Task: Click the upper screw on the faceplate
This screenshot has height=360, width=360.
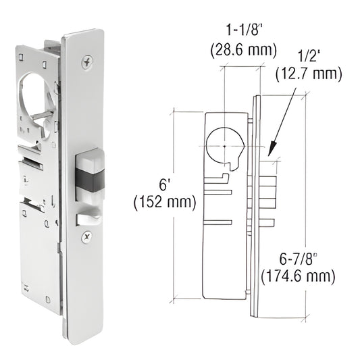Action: coord(87,61)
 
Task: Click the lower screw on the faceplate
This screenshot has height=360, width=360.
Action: coord(87,236)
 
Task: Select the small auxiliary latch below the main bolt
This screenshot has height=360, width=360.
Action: coord(88,219)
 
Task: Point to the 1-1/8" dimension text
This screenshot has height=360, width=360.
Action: coord(244,30)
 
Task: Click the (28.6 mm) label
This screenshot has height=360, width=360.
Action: coord(244,51)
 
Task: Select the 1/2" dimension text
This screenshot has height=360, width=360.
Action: coord(310,56)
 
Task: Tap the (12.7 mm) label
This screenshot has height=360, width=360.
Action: coord(309,74)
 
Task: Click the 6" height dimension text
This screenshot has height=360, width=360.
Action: coord(163,184)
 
